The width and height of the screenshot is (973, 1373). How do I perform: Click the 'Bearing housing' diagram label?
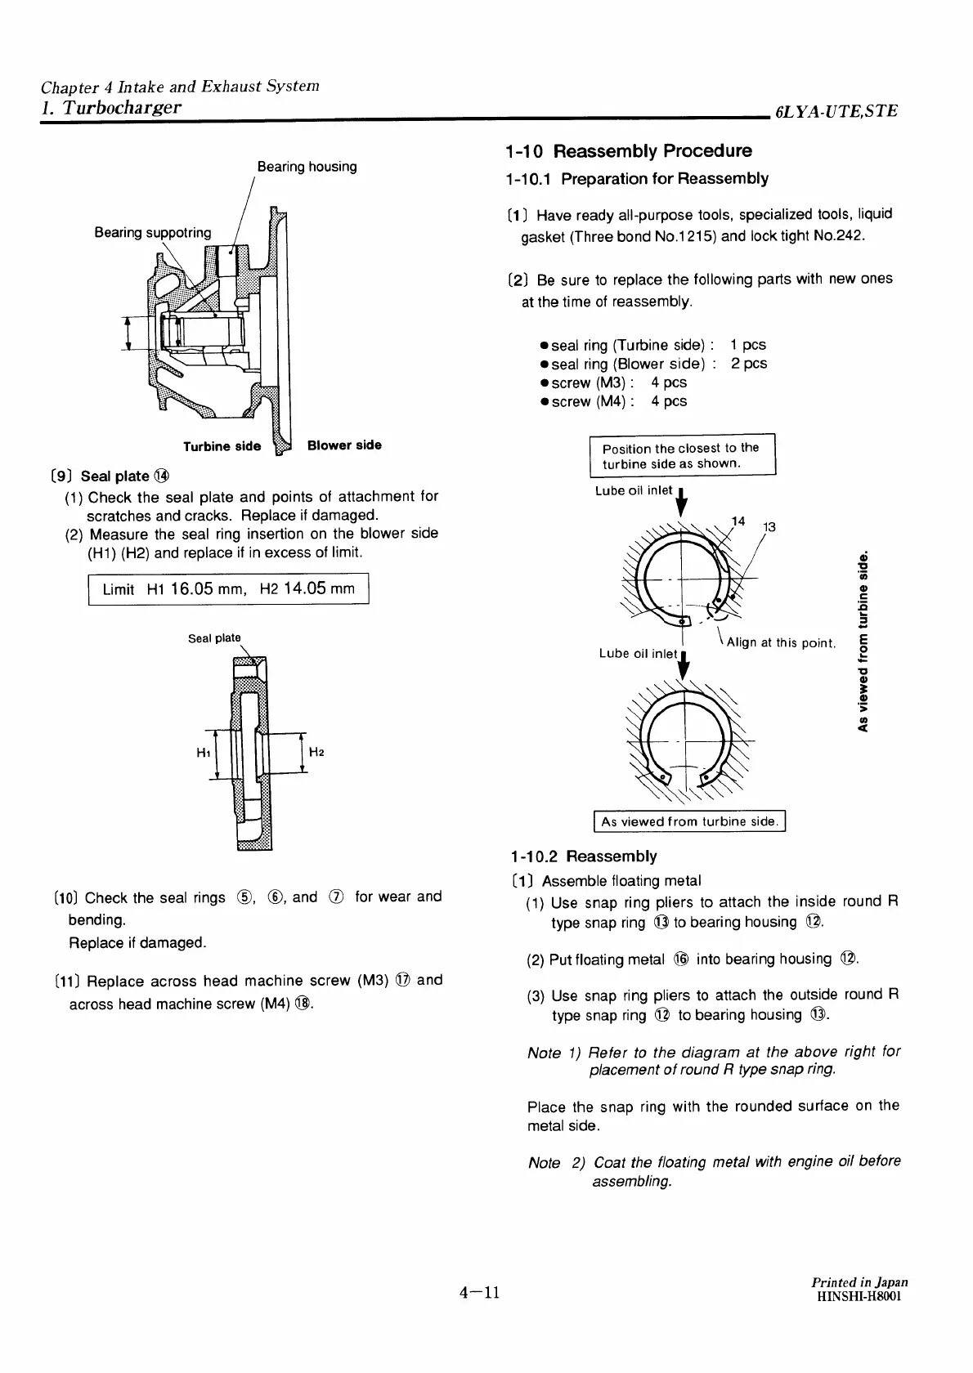point(307,167)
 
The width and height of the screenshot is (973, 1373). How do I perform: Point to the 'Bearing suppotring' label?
point(153,233)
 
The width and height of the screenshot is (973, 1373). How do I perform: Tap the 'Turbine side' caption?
point(222,446)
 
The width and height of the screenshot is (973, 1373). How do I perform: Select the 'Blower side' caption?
point(344,445)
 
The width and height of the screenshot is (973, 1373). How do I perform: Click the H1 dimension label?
point(204,753)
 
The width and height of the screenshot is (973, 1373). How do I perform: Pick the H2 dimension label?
point(318,752)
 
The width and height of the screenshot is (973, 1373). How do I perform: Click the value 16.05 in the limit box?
point(193,589)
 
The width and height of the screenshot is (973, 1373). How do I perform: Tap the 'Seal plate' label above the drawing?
point(214,638)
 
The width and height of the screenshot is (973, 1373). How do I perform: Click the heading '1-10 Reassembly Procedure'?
point(628,151)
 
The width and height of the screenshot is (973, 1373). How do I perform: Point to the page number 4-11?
point(479,1293)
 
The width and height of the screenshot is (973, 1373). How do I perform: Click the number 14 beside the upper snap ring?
point(738,521)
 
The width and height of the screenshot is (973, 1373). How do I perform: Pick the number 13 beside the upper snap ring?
point(769,527)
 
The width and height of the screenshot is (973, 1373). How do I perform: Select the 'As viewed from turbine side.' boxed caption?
point(688,821)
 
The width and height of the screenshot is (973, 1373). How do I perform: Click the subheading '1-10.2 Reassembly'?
point(582,856)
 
